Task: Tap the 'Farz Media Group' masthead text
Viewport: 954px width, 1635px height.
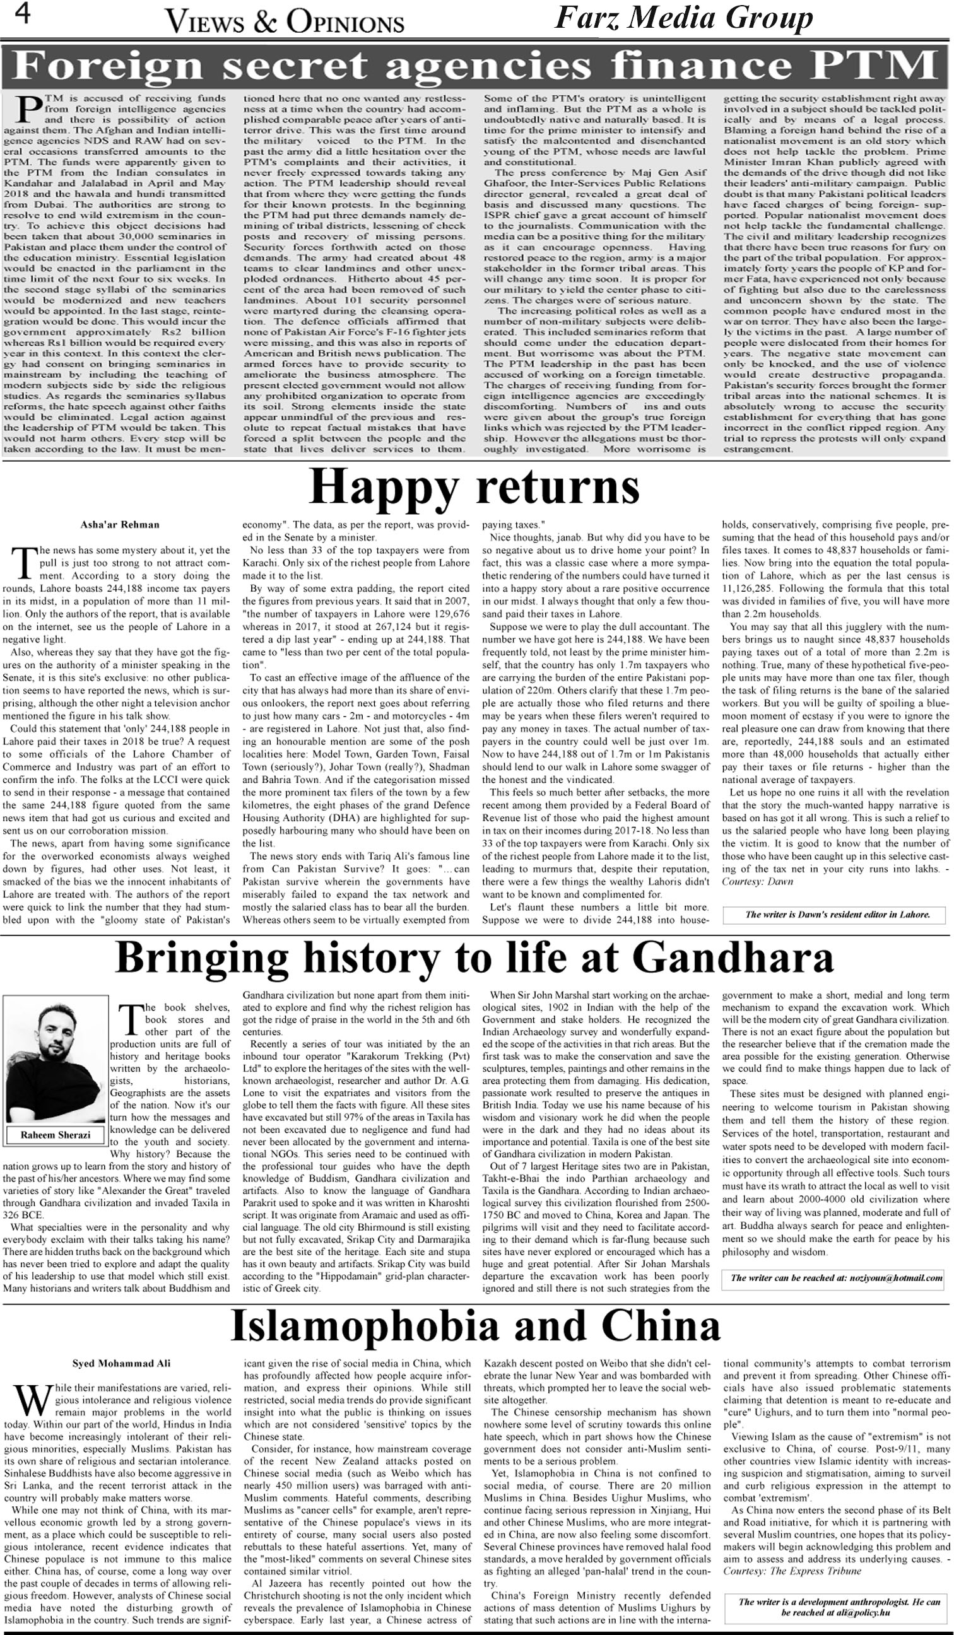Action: (683, 18)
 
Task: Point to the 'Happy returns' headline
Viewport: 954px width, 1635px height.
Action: (474, 487)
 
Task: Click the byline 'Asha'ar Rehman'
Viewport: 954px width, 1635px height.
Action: (120, 524)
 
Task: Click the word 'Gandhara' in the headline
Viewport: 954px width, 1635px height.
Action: (732, 958)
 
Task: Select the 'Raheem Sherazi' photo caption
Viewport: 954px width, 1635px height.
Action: (55, 1135)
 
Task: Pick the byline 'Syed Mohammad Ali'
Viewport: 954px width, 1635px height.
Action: (121, 1363)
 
